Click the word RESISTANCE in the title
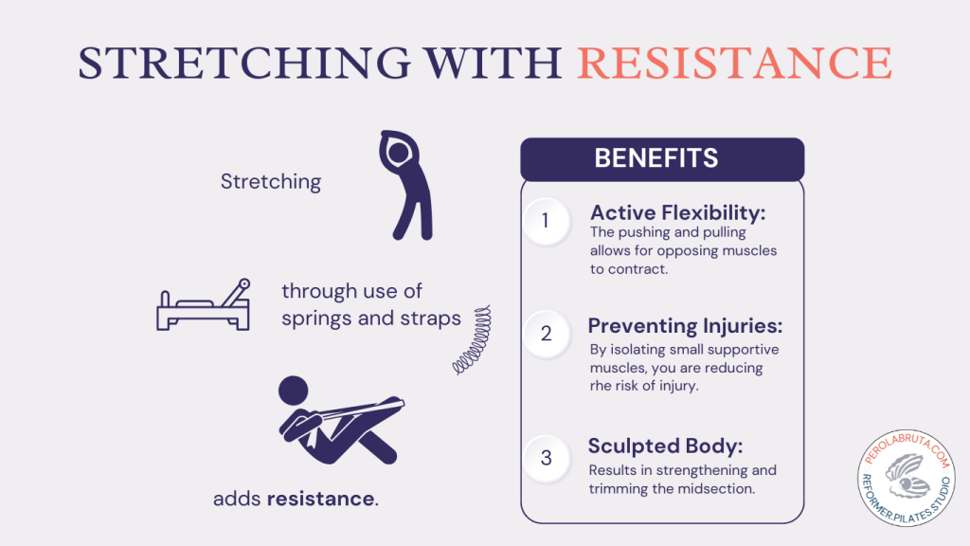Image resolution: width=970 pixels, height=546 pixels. (x=734, y=62)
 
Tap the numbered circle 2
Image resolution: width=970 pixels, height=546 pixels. (x=546, y=334)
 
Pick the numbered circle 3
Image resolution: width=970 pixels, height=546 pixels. (x=546, y=458)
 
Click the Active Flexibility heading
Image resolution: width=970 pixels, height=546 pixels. (x=677, y=212)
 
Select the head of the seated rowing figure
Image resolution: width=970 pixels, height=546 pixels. (x=294, y=391)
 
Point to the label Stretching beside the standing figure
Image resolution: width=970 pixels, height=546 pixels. (x=271, y=181)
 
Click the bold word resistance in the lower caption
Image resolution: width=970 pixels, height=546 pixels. (x=320, y=498)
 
